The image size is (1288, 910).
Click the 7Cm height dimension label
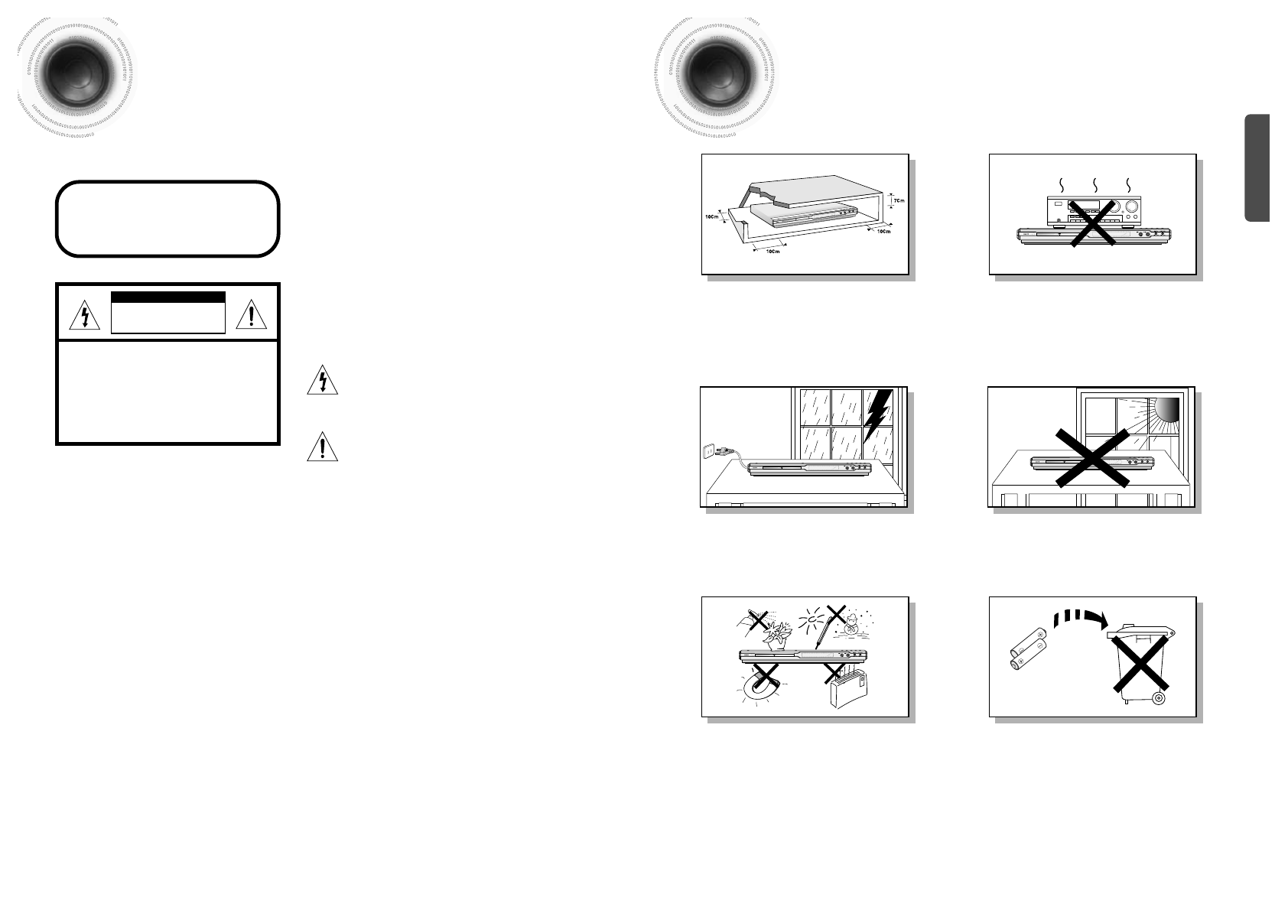899,200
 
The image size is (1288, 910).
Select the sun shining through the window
1168,410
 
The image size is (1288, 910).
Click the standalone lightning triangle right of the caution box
323,380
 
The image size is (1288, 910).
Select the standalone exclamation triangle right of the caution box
323,447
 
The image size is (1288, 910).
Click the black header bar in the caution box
168,298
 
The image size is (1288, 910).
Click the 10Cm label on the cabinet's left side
711,217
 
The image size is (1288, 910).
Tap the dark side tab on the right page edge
1257,168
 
